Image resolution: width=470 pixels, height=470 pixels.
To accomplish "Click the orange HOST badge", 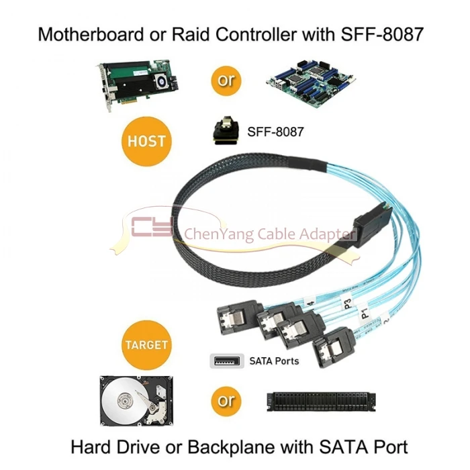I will (146, 142).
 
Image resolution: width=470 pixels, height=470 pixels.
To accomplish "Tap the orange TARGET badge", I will (146, 345).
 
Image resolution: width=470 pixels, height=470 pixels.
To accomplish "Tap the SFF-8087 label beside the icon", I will (275, 132).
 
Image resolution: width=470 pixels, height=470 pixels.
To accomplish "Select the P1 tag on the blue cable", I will (365, 313).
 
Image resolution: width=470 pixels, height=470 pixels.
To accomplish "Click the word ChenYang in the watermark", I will (215, 234).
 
